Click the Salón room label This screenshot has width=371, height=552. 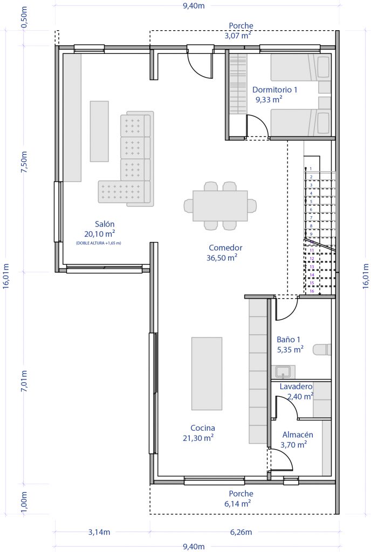coord(105,224)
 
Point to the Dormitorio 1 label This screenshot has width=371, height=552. coord(274,89)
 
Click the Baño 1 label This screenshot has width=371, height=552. coord(288,340)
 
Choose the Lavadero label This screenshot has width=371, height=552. coord(296,387)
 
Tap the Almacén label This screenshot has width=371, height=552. coord(298,434)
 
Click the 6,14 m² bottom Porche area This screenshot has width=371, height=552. coord(238,503)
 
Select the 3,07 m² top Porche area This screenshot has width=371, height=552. coord(238,36)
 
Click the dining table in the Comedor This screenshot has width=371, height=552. coord(220,205)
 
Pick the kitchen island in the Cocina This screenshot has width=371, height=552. coord(207,374)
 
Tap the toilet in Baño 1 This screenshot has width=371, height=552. coord(324,349)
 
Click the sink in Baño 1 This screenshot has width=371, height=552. coord(283,371)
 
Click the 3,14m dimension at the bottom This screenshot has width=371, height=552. coord(99,532)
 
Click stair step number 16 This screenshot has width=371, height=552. coord(312,291)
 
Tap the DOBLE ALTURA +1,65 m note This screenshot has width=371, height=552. coord(99,243)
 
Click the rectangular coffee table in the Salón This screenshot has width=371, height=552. coord(99,131)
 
